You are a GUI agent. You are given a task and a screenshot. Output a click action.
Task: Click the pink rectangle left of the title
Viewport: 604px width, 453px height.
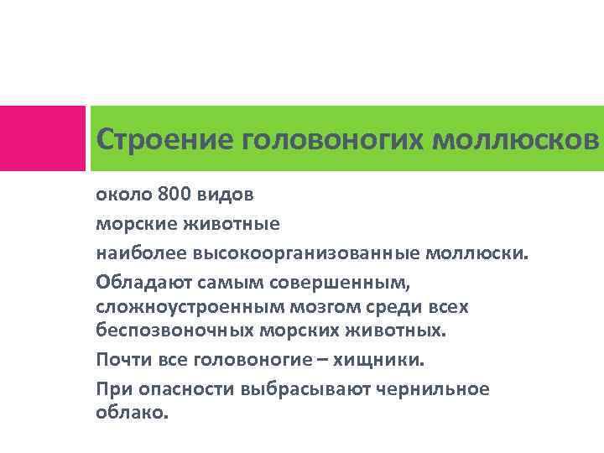[42, 138]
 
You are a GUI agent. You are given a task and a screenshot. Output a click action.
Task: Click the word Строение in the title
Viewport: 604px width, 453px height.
[165, 138]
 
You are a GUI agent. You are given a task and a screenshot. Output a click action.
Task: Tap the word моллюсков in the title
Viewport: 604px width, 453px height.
[517, 138]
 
